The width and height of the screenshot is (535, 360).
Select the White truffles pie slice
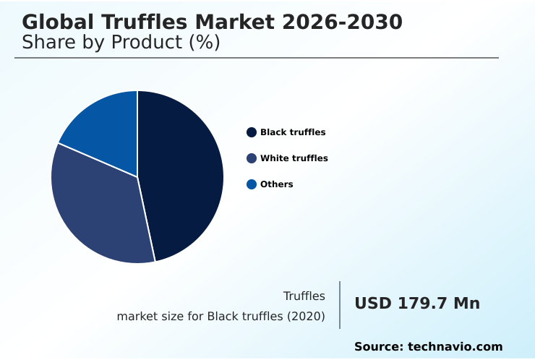click(98, 210)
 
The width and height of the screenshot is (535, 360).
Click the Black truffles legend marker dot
click(252, 132)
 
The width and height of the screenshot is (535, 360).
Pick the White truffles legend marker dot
click(252, 158)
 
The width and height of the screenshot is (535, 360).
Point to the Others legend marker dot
click(252, 184)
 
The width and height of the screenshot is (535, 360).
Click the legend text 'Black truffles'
click(293, 132)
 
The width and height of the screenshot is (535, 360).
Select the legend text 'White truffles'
click(294, 158)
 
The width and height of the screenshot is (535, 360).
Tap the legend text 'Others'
click(277, 184)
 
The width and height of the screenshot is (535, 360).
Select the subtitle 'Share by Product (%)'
click(121, 42)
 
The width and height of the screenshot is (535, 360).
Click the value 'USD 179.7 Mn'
click(417, 304)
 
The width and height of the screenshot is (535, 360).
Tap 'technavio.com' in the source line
click(455, 347)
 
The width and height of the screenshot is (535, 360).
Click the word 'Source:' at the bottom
click(379, 347)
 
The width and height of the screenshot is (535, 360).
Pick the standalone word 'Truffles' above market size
click(304, 296)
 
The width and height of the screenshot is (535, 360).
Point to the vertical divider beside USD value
click(340, 305)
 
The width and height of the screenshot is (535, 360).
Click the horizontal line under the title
click(257, 58)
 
